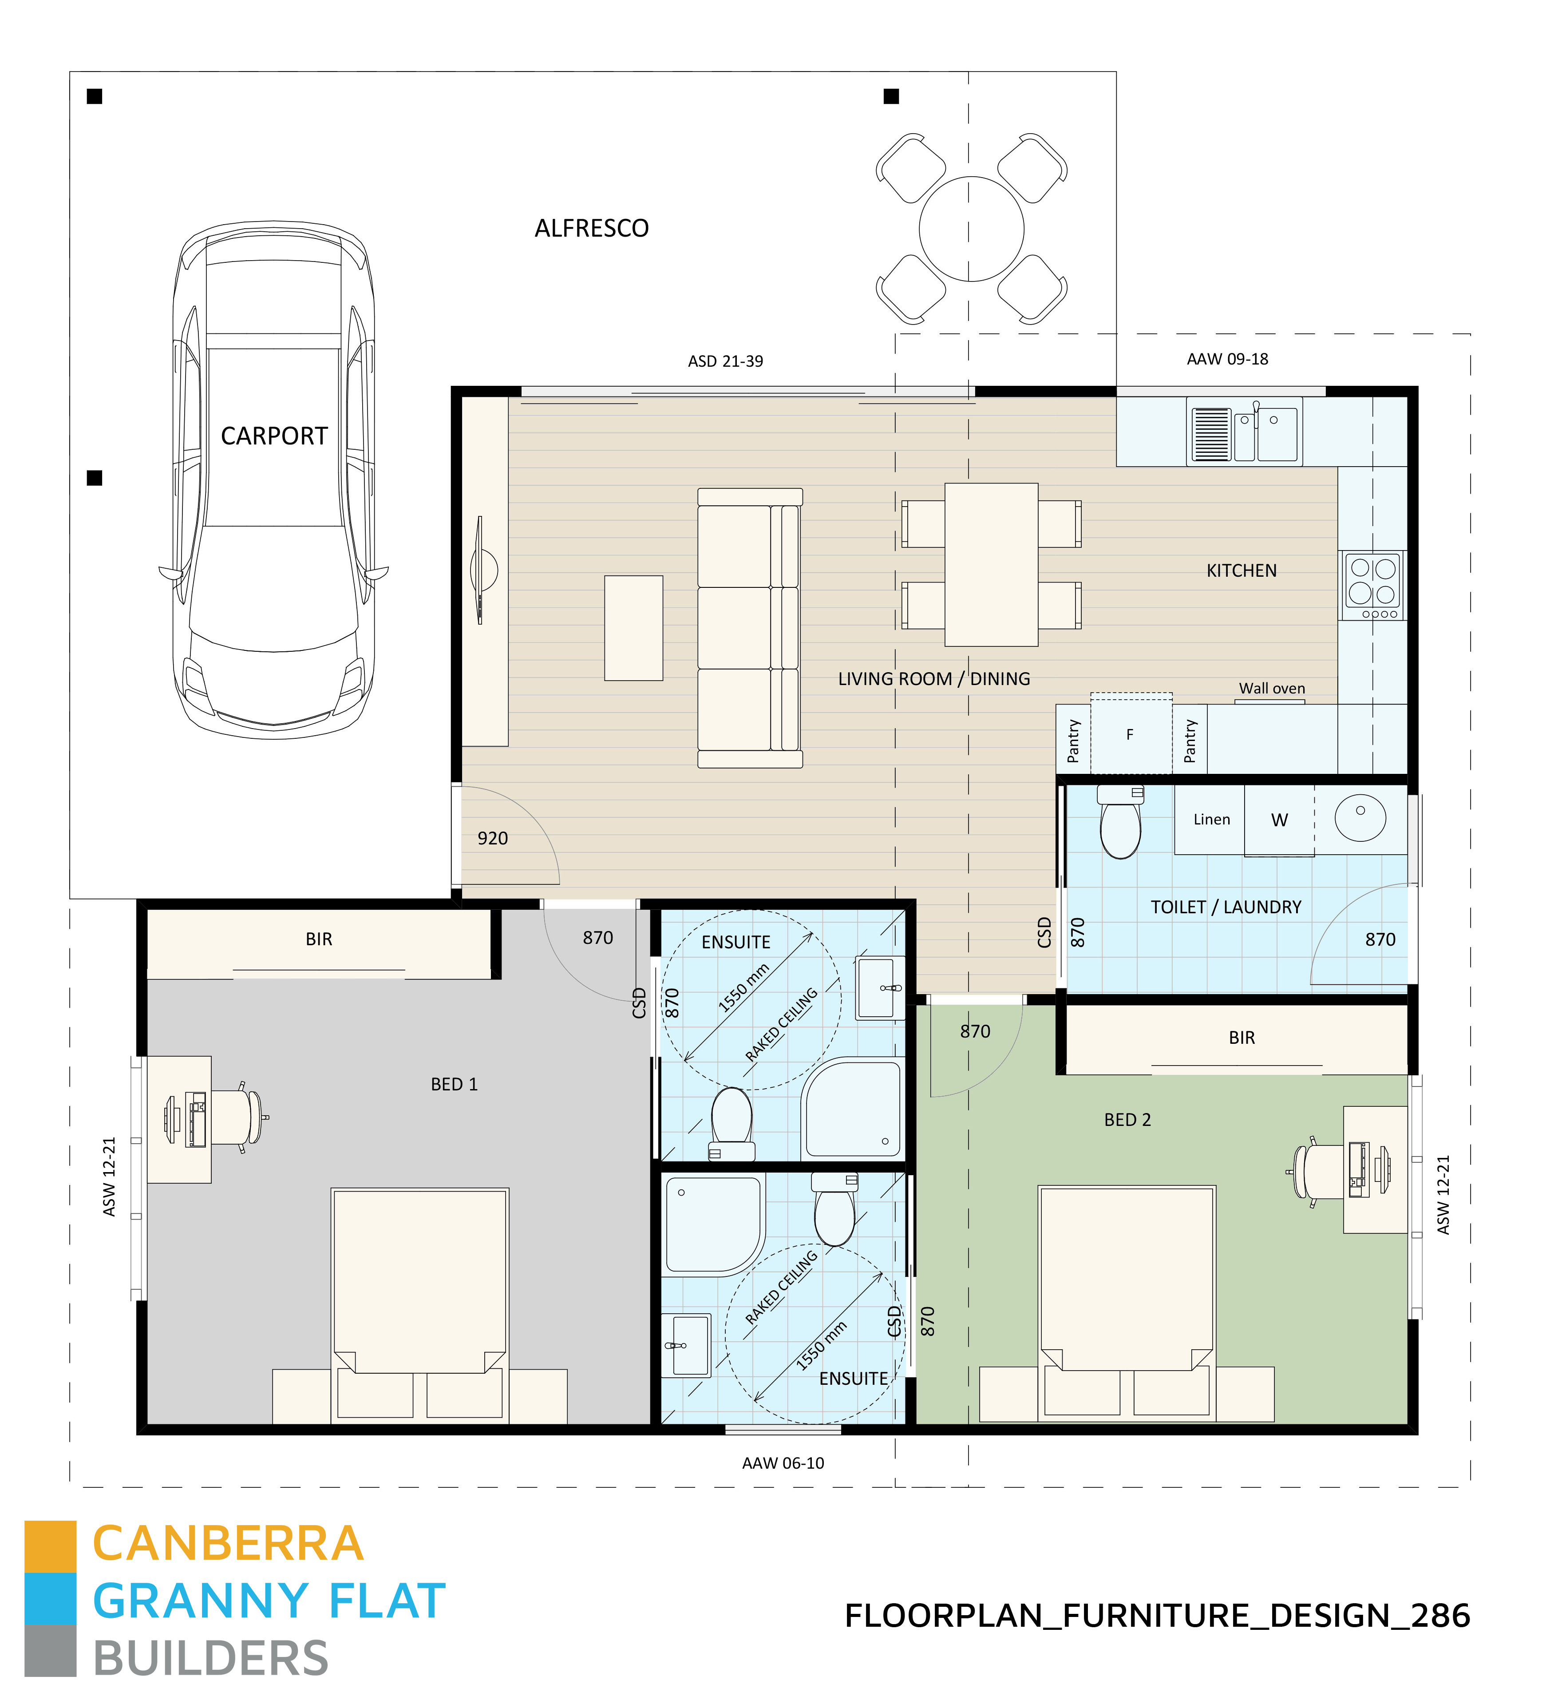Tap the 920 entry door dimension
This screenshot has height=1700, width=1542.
(x=492, y=838)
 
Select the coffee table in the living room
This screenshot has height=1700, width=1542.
(x=633, y=627)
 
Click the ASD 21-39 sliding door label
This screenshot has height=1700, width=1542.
(x=725, y=361)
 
